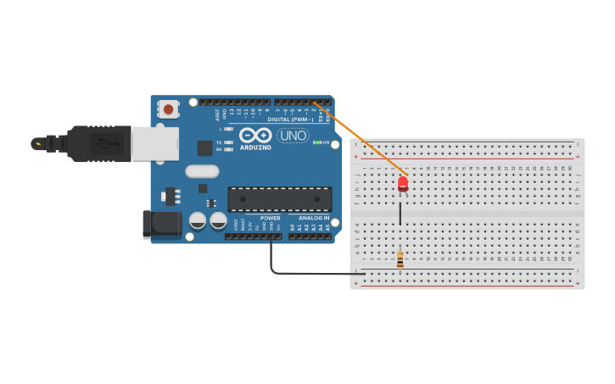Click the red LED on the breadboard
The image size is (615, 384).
(403, 182)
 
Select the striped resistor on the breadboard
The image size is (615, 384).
(400, 259)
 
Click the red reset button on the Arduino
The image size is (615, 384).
(169, 109)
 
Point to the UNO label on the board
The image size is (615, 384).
(293, 136)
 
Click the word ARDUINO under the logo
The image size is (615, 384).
(255, 147)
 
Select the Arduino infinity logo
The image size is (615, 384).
(254, 135)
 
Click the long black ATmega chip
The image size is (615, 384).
(280, 199)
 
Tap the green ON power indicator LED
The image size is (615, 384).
(316, 142)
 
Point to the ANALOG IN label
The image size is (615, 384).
(313, 218)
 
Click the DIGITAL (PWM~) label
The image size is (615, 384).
(291, 120)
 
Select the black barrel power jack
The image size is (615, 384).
(163, 225)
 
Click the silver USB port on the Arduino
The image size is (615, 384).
(153, 143)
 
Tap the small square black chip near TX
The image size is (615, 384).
(204, 147)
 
